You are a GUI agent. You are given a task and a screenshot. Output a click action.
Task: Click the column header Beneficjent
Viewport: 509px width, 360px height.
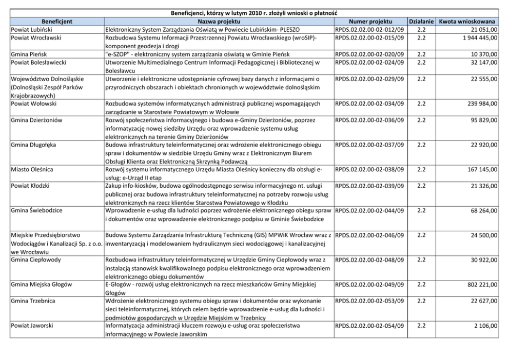[x=56, y=22]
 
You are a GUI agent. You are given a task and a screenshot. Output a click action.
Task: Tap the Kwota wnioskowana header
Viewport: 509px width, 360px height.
[x=467, y=22]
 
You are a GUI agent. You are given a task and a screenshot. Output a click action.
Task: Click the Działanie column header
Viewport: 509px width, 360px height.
[x=421, y=22]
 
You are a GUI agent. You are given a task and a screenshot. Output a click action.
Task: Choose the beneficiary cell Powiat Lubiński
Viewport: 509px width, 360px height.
[x=30, y=30]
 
